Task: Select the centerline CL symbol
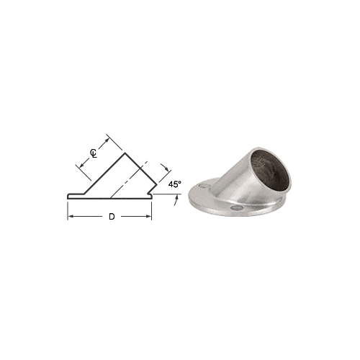[94, 153]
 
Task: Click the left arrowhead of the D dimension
[71, 217]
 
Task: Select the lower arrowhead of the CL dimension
[78, 167]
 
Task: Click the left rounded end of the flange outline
[68, 194]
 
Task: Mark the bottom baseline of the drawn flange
[108, 198]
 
